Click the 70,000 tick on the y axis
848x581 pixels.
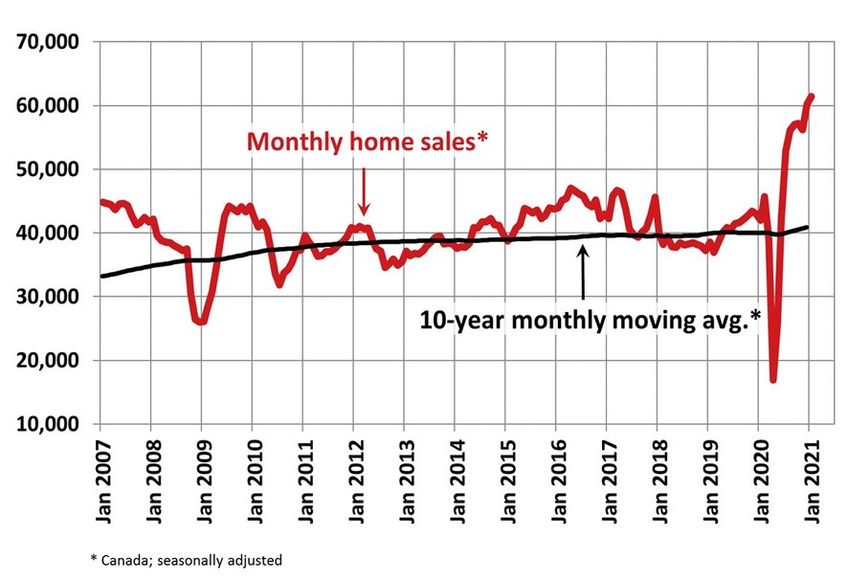coord(47,42)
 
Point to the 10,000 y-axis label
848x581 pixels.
coord(47,424)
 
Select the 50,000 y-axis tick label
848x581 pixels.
coord(47,169)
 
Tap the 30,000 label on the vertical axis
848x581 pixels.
coord(47,297)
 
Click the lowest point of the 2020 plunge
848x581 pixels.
coord(773,380)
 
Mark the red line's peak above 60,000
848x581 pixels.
coord(811,97)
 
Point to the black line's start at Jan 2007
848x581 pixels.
coord(100,276)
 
